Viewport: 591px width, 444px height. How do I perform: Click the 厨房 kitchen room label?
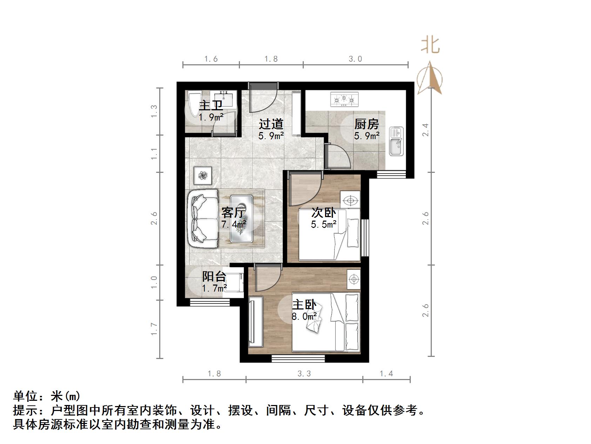(x=366, y=124)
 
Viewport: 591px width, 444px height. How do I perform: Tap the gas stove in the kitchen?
(x=344, y=99)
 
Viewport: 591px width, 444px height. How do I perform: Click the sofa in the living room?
(x=202, y=218)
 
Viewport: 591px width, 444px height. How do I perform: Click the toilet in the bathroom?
(x=193, y=103)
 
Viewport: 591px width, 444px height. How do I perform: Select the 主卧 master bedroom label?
(x=304, y=305)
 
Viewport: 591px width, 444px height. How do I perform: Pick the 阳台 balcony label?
(x=214, y=276)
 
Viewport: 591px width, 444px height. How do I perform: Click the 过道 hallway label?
(x=271, y=124)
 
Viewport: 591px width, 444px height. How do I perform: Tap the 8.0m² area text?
(x=304, y=316)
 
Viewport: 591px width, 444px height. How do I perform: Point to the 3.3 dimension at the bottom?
(x=304, y=374)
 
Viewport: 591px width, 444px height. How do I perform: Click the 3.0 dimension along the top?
(x=355, y=59)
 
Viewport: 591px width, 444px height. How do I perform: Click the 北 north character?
(x=430, y=45)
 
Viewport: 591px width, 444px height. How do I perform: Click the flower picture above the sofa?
(x=203, y=175)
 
